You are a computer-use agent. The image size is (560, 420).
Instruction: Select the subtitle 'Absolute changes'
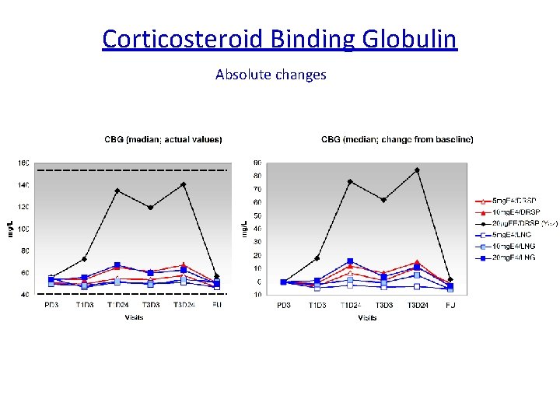[x=271, y=75]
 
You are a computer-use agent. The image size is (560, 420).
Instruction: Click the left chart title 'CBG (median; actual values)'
[x=163, y=140]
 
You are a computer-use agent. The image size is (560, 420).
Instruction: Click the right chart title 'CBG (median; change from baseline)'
[x=397, y=140]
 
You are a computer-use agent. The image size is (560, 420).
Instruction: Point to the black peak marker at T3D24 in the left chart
[x=184, y=184]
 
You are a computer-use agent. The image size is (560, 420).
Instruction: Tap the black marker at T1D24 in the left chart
[x=117, y=191]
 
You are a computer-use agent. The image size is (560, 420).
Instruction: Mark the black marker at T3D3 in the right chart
[x=383, y=200]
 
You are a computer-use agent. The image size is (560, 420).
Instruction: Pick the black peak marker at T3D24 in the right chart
[x=417, y=170]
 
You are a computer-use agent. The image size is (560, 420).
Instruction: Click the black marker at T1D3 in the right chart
[x=317, y=258]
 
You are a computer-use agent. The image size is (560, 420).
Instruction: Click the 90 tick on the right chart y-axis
[x=257, y=163]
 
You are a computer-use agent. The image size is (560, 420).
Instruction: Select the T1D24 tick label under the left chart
[x=117, y=306]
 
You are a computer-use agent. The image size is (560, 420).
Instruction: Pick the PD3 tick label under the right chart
[x=284, y=306]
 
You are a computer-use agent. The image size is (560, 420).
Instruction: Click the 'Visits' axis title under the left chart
[x=134, y=317]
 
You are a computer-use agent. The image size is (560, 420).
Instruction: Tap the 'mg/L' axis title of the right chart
[x=243, y=229]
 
